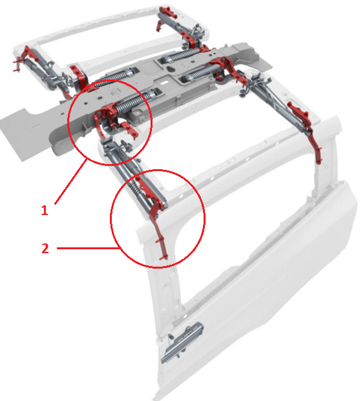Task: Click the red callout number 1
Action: pyautogui.click(x=45, y=211)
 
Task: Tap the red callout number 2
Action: pyautogui.click(x=45, y=249)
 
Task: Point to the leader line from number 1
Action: pyautogui.click(x=70, y=181)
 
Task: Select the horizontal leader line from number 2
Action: pyautogui.click(x=88, y=248)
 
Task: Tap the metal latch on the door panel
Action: pyautogui.click(x=182, y=342)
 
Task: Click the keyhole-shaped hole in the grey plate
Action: pyautogui.click(x=170, y=69)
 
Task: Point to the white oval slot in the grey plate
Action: pyautogui.click(x=164, y=83)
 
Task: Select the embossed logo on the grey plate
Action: pyautogui.click(x=115, y=91)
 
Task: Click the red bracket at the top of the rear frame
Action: pyautogui.click(x=168, y=12)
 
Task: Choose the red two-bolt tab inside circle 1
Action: pyautogui.click(x=130, y=129)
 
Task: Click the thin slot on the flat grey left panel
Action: pyautogui.click(x=36, y=127)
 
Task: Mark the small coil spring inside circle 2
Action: pyautogui.click(x=135, y=189)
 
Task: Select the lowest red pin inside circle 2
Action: pyautogui.click(x=164, y=258)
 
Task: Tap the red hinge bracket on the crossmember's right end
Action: pyautogui.click(x=226, y=69)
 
